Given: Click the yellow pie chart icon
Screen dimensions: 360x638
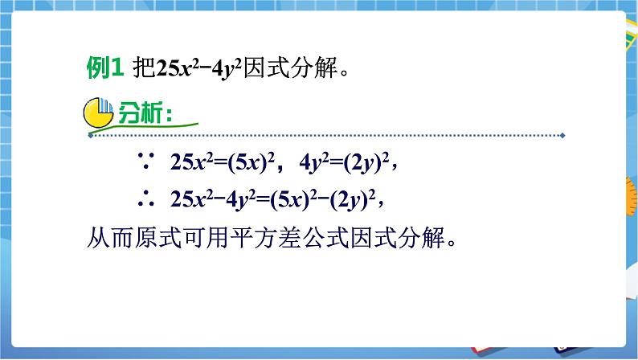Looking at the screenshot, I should pyautogui.click(x=99, y=112).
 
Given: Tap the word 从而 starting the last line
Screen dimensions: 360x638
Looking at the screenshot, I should pyautogui.click(x=104, y=239).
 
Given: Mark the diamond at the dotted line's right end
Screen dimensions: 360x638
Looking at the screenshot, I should pyautogui.click(x=562, y=136).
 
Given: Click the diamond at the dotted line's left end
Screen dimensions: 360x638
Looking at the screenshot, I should pyautogui.click(x=89, y=136).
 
